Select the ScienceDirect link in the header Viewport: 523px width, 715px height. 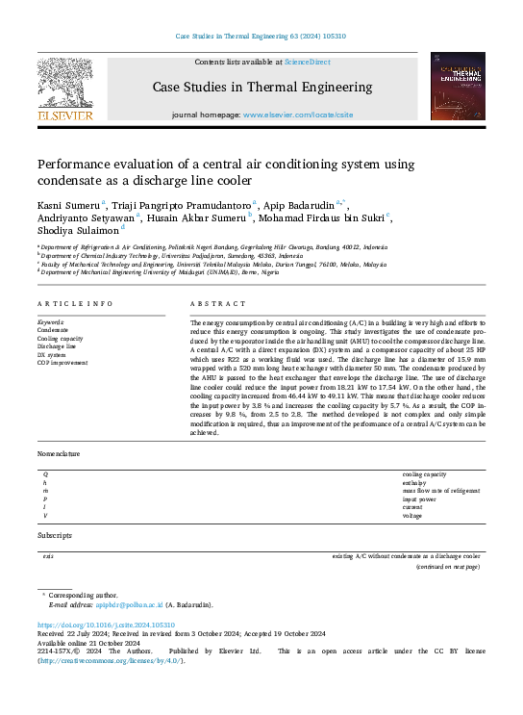307,63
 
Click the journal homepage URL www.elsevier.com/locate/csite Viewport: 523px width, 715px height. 298,115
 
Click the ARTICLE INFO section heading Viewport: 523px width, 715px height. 75,304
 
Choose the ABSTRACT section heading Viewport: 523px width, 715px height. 212,304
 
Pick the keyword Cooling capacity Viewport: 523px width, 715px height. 60,339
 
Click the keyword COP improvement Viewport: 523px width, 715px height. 62,363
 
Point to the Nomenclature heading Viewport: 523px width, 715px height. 59,453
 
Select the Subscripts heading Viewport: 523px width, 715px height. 54,534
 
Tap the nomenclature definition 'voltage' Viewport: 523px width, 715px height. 412,515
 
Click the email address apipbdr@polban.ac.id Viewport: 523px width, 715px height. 130,604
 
